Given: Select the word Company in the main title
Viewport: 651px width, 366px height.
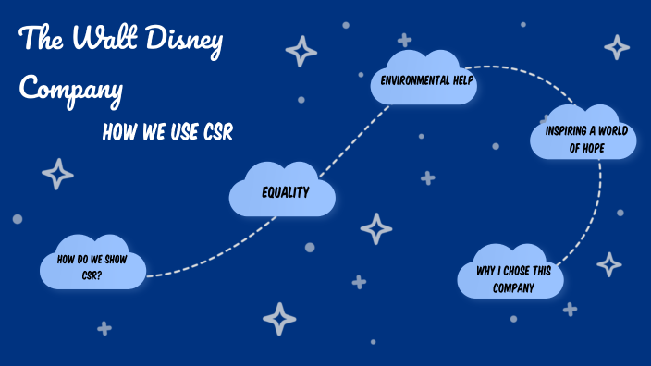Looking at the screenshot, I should click(71, 89).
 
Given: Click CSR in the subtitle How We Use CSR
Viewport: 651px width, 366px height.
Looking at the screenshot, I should click(218, 133).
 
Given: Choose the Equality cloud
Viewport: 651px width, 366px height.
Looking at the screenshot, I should click(283, 192).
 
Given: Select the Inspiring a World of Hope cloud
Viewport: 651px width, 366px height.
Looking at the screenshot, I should click(584, 138).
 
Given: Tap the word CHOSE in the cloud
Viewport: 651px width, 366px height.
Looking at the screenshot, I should click(515, 273).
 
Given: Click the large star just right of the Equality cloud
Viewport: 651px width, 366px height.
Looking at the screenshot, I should click(375, 228).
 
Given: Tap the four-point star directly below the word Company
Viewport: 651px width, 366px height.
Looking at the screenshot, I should click(57, 173).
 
